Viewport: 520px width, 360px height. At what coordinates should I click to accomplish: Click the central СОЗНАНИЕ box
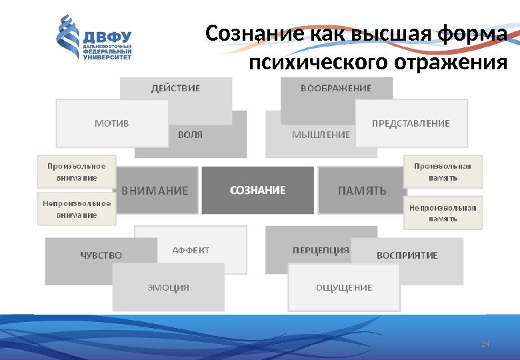[x=257, y=191]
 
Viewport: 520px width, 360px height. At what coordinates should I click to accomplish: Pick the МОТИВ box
[x=112, y=123]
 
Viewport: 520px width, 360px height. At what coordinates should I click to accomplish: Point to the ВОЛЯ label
[x=190, y=135]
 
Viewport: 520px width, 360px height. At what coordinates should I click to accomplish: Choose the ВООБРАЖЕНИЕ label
[x=336, y=87]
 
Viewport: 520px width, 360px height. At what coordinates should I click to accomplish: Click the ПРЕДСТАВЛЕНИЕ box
[x=411, y=123]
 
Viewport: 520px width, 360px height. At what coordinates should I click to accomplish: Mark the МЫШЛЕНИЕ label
[x=321, y=135]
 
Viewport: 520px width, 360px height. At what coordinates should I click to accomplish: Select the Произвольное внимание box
[x=76, y=172]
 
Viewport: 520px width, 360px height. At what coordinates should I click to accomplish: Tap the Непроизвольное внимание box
[x=76, y=209]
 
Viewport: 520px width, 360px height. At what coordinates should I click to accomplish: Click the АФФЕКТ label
[x=191, y=251]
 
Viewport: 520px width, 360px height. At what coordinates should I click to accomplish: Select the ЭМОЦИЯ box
[x=168, y=288]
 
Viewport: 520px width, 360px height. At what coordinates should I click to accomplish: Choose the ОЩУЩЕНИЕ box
[x=343, y=288]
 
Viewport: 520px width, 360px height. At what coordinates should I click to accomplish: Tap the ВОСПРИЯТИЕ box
[x=407, y=255]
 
